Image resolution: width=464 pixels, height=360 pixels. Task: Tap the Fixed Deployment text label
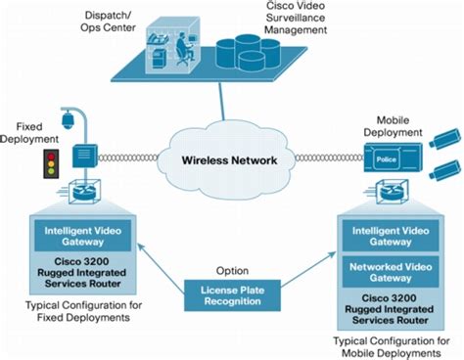tap(32, 132)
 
